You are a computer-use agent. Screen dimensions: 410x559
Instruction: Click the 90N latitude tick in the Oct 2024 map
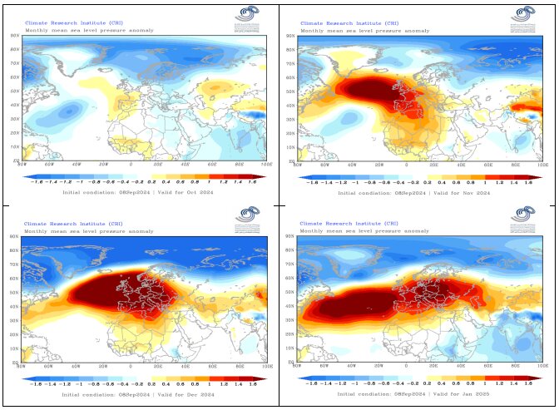(x=15, y=36)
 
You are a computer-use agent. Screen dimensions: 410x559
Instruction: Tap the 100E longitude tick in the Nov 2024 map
(x=542, y=165)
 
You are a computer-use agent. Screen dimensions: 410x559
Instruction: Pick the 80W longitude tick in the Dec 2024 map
(x=22, y=366)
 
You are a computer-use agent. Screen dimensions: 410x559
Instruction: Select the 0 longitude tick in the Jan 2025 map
(x=407, y=366)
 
